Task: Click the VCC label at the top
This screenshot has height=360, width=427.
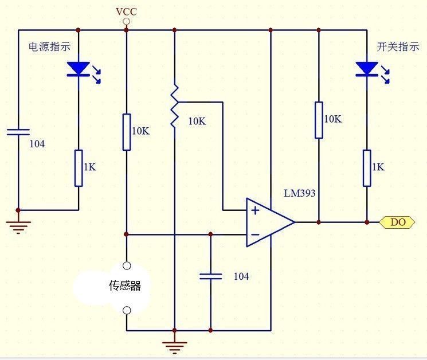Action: tap(126, 11)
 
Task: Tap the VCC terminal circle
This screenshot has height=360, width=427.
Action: tap(127, 22)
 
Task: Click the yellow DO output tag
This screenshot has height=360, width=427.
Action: tap(397, 222)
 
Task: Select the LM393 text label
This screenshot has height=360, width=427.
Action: tap(300, 194)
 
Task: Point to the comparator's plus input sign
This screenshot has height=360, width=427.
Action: tap(255, 210)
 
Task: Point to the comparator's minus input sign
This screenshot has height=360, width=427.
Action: tap(255, 234)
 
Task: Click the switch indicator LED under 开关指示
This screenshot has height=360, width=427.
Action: tap(366, 69)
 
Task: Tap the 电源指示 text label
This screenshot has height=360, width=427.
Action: tap(50, 48)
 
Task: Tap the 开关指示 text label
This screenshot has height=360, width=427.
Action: tap(398, 48)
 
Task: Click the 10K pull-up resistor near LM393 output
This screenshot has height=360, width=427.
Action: tap(319, 120)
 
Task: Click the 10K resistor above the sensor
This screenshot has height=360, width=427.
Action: tap(127, 131)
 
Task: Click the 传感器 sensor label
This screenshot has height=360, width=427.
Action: tap(124, 285)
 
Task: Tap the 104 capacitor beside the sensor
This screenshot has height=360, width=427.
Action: tap(210, 276)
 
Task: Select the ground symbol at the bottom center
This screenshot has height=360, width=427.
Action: tap(174, 346)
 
